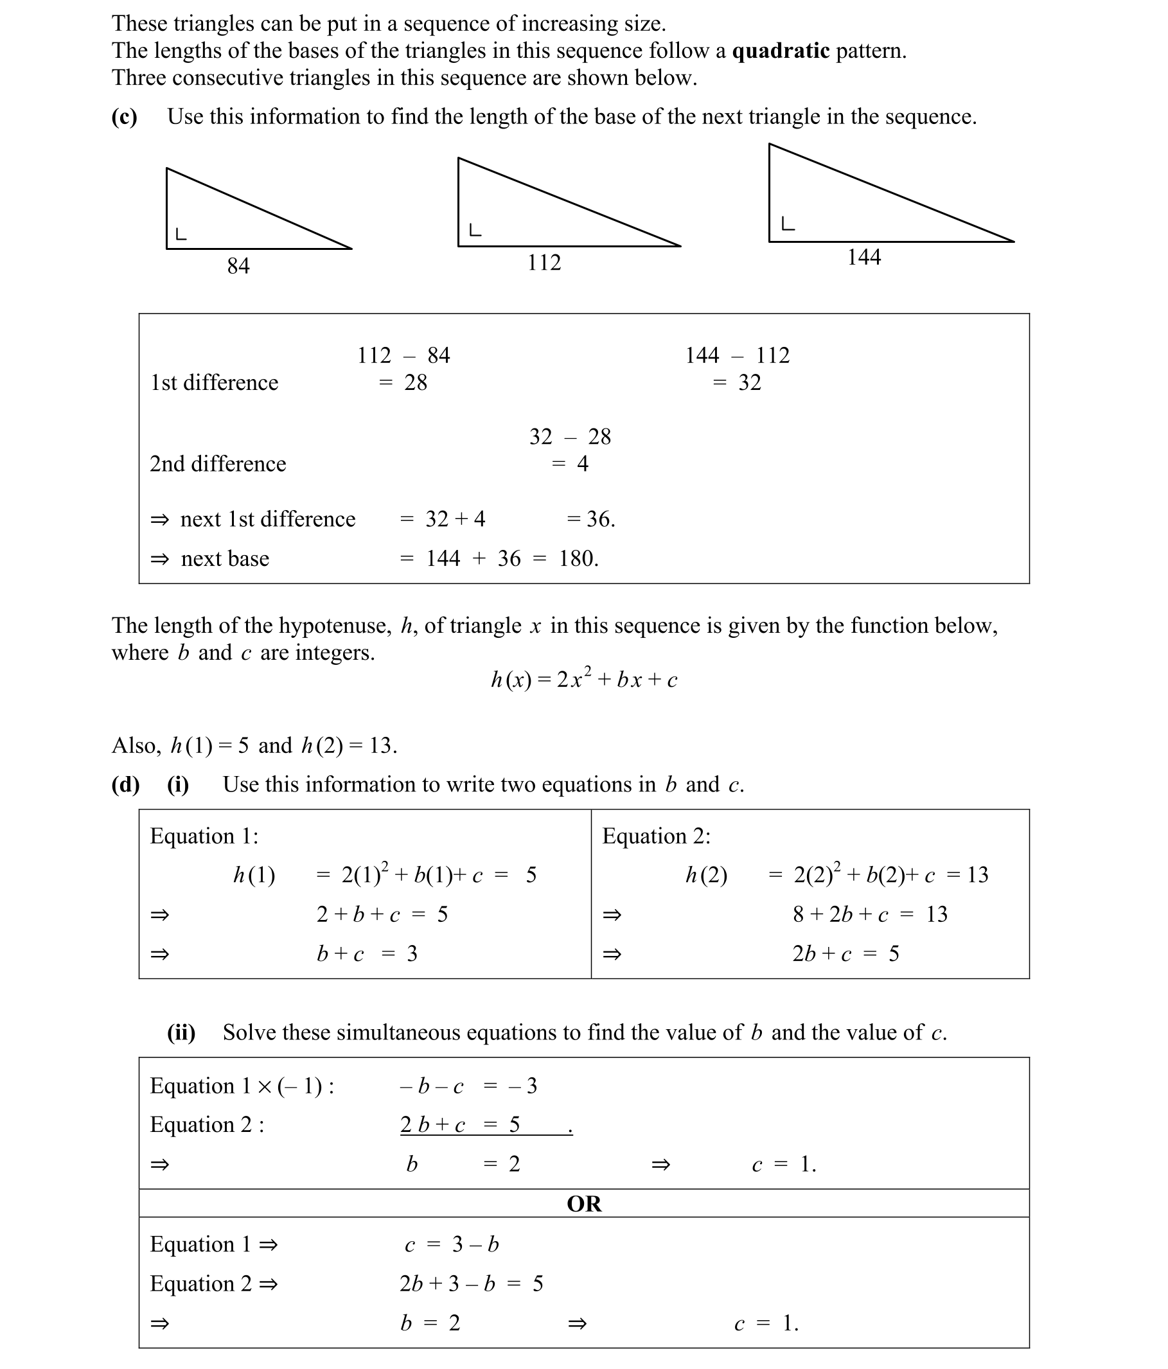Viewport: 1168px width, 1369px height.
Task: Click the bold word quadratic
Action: [x=780, y=51]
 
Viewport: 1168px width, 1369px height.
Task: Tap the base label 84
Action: [x=238, y=265]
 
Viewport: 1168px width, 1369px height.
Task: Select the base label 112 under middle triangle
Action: [x=544, y=262]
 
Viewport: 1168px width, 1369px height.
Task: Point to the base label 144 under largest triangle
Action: [x=863, y=256]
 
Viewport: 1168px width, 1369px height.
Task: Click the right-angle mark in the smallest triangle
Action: [x=181, y=234]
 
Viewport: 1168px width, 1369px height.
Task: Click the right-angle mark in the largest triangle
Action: [x=788, y=224]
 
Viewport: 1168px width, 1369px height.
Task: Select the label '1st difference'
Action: [x=214, y=382]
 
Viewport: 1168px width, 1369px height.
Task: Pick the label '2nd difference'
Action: [x=217, y=464]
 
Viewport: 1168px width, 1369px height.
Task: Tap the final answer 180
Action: [x=578, y=559]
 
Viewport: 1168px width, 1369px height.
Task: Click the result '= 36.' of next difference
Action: [x=590, y=519]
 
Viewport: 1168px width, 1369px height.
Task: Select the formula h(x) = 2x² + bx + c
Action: [x=584, y=678]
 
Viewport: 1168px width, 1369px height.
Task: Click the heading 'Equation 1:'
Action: [x=204, y=836]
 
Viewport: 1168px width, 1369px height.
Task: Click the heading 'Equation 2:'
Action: [x=656, y=836]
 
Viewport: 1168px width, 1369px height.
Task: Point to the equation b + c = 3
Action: [x=367, y=953]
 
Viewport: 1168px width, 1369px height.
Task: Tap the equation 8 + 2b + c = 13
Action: [x=869, y=914]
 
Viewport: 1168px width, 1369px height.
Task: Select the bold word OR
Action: [x=584, y=1203]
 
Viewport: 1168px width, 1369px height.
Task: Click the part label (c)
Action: [x=124, y=116]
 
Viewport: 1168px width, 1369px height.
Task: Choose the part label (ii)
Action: [x=181, y=1032]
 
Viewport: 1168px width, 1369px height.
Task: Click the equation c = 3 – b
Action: [x=451, y=1244]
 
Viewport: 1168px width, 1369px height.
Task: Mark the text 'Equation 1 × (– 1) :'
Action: [x=242, y=1086]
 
